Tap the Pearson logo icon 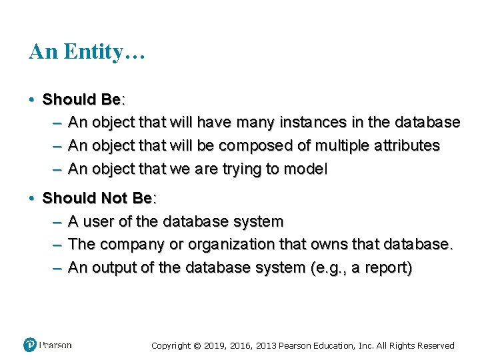click(30, 345)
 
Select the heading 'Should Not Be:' click(99, 199)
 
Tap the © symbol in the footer click(197, 345)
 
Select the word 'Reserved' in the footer click(433, 345)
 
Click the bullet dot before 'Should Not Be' click(32, 199)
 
